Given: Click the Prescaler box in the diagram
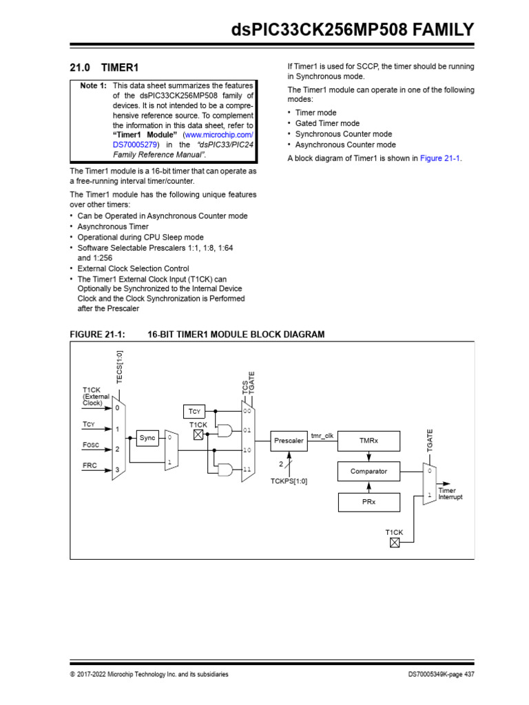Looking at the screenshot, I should pos(289,440).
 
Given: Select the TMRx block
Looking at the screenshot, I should pos(369,440).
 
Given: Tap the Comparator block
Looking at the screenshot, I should pos(369,472).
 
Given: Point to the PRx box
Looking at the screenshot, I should pos(369,503).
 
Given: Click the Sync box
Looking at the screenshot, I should pos(147,438).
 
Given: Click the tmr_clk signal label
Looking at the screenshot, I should pos(322,435).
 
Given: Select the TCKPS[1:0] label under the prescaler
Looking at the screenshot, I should pos(289,481).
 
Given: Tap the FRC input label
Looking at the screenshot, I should pos(90,466).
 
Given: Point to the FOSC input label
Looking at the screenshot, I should pos(91,445).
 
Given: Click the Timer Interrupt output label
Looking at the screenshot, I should pos(450,494).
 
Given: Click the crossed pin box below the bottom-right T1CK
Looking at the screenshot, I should pos(394,543).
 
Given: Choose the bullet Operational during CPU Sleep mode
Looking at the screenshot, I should pos(131,237).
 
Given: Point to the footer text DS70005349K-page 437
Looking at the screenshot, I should pos(439,674).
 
